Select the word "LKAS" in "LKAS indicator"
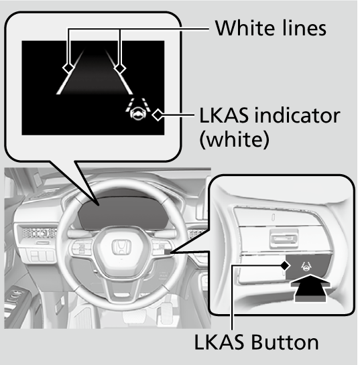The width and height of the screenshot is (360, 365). point(224,115)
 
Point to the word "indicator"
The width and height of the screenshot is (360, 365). point(297,115)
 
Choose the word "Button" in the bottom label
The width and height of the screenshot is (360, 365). point(284,342)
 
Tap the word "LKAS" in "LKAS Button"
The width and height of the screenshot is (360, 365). point(219,342)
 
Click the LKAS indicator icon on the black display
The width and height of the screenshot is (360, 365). point(138,109)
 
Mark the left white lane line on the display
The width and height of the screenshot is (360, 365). point(70,72)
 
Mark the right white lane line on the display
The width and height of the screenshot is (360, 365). point(119,72)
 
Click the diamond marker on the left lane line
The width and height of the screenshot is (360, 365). point(68,68)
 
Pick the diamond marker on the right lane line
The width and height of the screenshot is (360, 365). point(120,68)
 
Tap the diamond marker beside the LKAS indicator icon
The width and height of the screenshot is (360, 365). point(158,115)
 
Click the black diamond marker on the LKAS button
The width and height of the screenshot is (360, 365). point(285,265)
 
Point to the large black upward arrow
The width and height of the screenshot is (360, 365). point(310,288)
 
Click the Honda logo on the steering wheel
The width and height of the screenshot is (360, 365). point(121,247)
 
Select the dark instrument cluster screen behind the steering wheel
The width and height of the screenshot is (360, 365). point(123,213)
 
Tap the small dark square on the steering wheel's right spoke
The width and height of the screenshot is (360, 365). point(168,252)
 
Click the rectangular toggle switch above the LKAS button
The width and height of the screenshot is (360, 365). point(284,238)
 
